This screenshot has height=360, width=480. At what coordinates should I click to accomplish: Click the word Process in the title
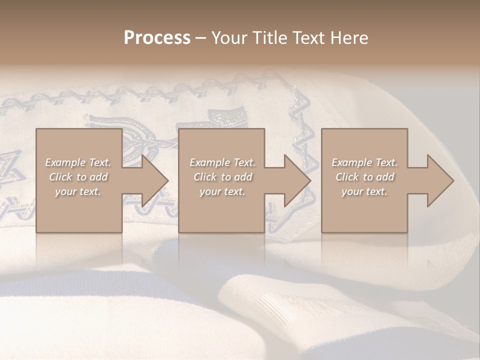coord(157,38)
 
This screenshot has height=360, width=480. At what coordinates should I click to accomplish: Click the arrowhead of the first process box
coord(152,180)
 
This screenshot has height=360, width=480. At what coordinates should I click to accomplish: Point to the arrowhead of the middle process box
coord(295,180)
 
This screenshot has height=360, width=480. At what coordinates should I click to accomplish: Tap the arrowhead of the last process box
coord(438,180)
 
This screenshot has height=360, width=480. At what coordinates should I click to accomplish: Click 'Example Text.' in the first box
coord(78,162)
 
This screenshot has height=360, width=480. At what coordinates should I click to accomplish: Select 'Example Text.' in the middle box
coord(222,162)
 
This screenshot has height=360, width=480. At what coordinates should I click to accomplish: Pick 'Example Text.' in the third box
coord(364,162)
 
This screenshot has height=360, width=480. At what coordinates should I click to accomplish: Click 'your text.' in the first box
coord(78,191)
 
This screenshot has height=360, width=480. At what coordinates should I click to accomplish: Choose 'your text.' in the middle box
coord(222,191)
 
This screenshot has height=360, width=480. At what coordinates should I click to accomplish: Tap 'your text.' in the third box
coord(364,191)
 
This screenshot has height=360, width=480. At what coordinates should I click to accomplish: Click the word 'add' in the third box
coord(385,177)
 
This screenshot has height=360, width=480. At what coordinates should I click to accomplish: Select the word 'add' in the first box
coord(99,177)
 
